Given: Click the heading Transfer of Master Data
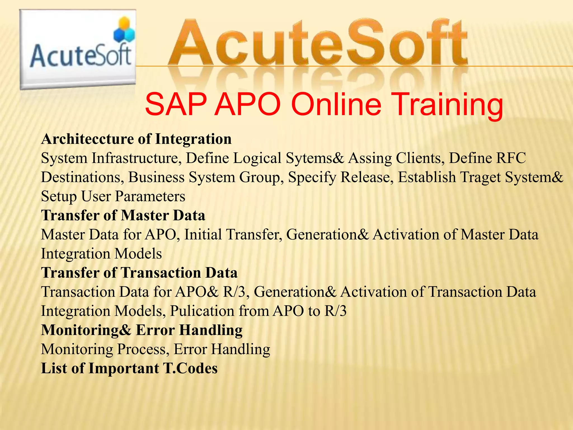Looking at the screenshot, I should coord(123,216).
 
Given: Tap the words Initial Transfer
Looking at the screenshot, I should coord(233,235).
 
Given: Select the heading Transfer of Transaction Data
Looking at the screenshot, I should coord(139,273).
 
